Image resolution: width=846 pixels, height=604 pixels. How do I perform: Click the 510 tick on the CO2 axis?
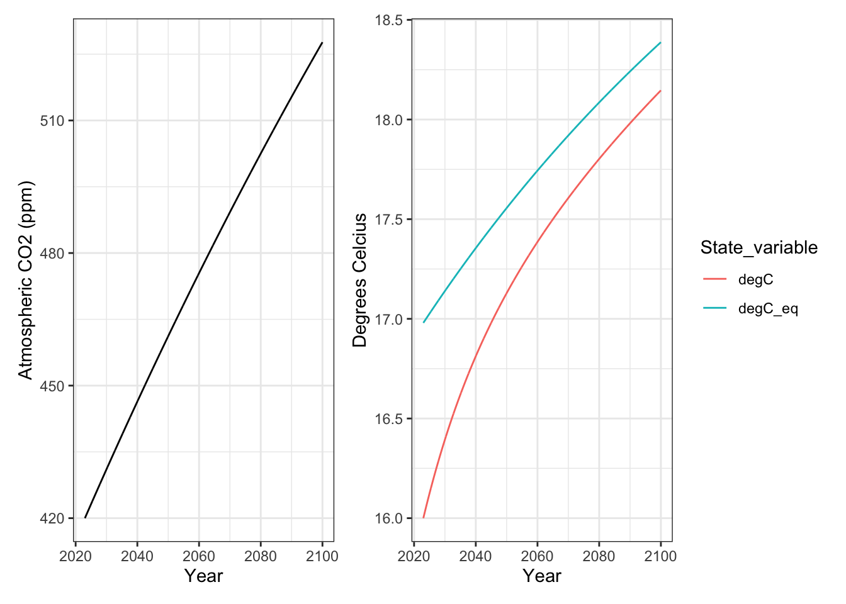tap(52, 121)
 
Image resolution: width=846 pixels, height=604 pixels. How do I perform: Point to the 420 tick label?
tap(52, 518)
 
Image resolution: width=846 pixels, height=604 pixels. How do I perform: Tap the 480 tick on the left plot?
tap(52, 254)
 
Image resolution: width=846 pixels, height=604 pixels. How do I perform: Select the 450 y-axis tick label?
tap(52, 386)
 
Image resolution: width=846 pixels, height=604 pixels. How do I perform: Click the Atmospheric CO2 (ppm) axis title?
tap(25, 281)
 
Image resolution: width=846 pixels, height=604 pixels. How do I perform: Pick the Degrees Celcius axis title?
tap(360, 281)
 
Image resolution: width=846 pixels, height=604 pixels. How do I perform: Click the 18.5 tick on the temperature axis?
tap(388, 20)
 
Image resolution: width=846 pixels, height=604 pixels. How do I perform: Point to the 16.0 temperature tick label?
tap(388, 518)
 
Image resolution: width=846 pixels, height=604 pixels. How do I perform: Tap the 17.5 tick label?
tap(388, 220)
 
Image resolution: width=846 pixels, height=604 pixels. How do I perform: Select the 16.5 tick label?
tap(388, 419)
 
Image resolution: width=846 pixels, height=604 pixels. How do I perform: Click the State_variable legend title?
tap(759, 248)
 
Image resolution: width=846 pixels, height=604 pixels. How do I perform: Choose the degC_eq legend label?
tap(768, 308)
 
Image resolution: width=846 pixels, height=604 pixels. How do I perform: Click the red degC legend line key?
tap(714, 279)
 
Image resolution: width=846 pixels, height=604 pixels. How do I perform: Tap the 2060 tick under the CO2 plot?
tap(199, 556)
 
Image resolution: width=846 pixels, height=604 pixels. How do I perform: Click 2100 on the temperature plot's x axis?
tap(660, 556)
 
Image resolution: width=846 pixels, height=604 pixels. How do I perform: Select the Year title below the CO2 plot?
tap(203, 576)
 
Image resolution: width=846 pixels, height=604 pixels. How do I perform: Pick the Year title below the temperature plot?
tap(541, 576)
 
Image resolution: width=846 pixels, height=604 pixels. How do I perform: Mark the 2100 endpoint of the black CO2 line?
tap(322, 43)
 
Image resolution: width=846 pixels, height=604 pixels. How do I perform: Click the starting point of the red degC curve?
tap(424, 518)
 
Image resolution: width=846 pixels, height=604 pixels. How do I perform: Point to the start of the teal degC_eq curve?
tap(424, 323)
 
